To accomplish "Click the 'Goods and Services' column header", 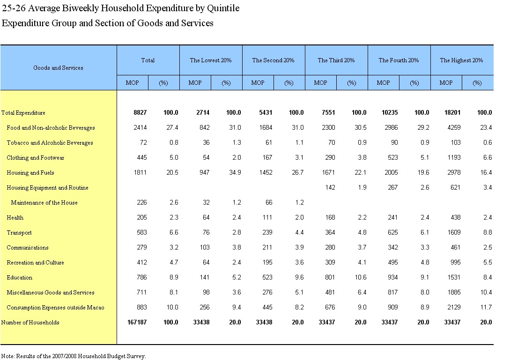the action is [58, 67].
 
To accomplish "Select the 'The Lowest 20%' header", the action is [211, 60].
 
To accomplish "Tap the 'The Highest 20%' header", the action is [461, 60].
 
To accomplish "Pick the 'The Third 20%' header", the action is [336, 60].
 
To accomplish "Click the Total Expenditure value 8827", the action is [140, 112].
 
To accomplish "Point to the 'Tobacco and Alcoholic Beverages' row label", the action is [50, 142].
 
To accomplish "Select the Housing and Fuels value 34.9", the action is [235, 172].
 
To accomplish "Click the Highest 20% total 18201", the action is [452, 112].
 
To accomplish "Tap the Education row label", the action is [19, 277].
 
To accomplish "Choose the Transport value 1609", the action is [454, 232].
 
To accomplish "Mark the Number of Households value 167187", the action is [137, 322].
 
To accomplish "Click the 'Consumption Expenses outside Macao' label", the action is [55, 308].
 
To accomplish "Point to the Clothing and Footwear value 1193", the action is [454, 157].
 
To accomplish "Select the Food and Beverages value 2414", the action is [140, 127].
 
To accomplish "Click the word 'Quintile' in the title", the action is [223, 8].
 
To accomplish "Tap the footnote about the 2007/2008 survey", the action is [74, 356].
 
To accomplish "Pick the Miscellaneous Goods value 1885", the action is [454, 292].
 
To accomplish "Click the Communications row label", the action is [28, 248].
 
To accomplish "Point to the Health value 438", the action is [455, 217].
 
